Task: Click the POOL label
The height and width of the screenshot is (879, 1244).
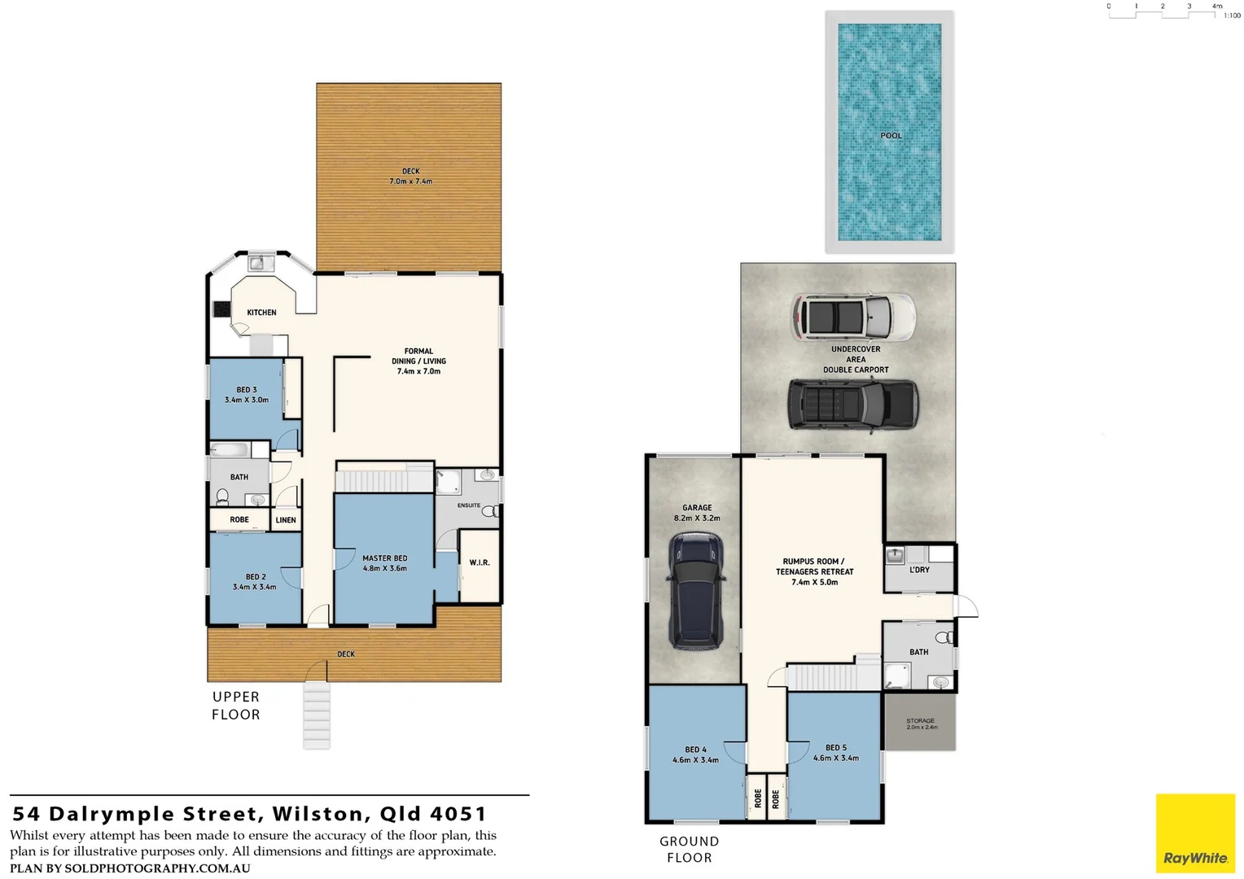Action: [x=891, y=136]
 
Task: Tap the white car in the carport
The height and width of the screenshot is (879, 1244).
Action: [x=853, y=316]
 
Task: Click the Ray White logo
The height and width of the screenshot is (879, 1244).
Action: [x=1195, y=834]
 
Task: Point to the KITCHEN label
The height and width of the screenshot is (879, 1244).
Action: [x=261, y=313]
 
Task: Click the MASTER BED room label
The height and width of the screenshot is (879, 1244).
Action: [x=384, y=558]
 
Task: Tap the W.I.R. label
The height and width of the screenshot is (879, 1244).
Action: [x=480, y=562]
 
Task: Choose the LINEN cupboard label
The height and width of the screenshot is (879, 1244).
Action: [x=286, y=520]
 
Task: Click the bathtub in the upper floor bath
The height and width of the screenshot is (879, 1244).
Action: [x=230, y=449]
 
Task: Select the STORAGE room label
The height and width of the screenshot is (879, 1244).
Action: [x=920, y=721]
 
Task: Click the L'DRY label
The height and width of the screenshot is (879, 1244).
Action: [x=919, y=570]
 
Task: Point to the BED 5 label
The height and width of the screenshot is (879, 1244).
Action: [x=836, y=747]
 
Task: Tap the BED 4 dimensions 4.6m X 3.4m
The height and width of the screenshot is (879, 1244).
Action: [x=695, y=760]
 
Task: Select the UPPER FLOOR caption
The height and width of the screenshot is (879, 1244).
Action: [x=236, y=706]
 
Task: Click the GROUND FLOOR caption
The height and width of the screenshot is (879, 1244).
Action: [x=690, y=849]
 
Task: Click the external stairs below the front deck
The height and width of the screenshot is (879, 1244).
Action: [x=317, y=715]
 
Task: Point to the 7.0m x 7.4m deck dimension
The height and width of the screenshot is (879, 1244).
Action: [x=411, y=181]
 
